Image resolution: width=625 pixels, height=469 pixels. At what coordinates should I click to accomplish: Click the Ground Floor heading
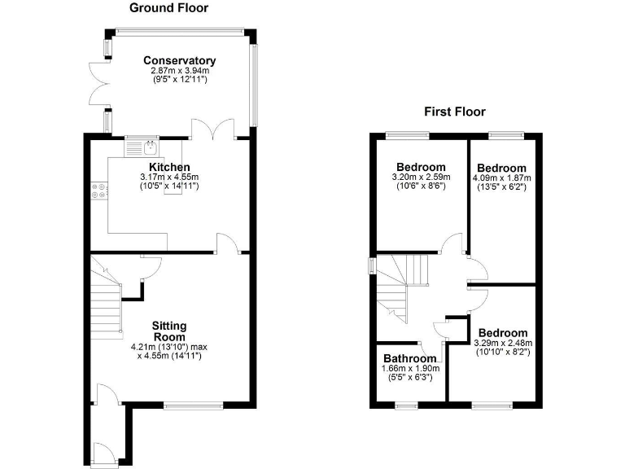tap(169, 8)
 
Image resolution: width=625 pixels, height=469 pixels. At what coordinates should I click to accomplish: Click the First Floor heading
tap(454, 112)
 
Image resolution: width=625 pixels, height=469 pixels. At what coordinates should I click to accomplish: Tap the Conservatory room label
tap(179, 60)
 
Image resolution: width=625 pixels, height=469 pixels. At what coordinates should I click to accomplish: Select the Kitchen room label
tap(168, 167)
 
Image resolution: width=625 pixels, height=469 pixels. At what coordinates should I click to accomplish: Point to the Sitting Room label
tap(169, 331)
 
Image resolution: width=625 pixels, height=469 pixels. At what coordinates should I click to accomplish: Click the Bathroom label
tap(410, 358)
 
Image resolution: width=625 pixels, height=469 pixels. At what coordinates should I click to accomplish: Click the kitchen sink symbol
tap(151, 147)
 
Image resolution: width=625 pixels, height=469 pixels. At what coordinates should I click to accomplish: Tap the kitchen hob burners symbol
tap(98, 189)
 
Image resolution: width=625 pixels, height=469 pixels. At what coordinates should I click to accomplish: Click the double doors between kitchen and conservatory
tap(213, 130)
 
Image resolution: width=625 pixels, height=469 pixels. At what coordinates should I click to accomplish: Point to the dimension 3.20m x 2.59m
tap(421, 176)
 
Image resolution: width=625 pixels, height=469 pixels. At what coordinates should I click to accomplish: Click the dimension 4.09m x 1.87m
tap(501, 178)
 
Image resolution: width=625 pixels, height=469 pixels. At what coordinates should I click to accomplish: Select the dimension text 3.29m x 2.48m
tap(502, 344)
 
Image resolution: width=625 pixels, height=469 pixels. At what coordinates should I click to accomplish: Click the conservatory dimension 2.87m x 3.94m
tap(179, 71)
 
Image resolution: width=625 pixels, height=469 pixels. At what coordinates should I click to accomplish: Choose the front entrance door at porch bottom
tap(103, 451)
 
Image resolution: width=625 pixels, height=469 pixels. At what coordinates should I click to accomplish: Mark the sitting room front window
tap(193, 404)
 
